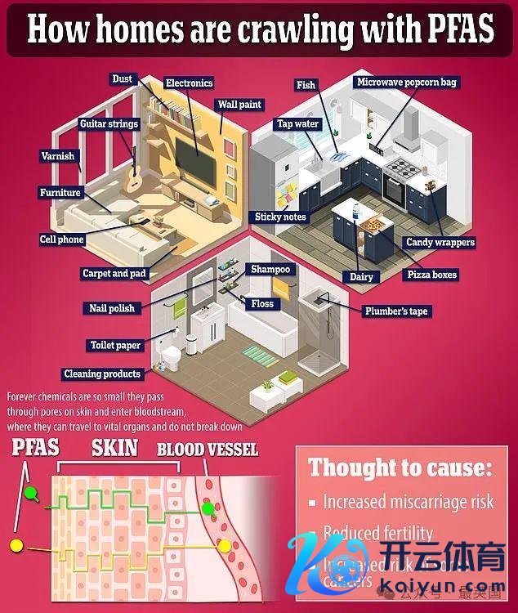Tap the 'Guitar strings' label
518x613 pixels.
pyautogui.click(x=109, y=124)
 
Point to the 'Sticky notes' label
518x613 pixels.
pyautogui.click(x=280, y=217)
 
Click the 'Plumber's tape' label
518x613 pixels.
pyautogui.click(x=396, y=311)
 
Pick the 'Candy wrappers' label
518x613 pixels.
pyautogui.click(x=440, y=242)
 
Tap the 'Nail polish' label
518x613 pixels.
pyautogui.click(x=113, y=308)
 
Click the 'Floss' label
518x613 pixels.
pyautogui.click(x=262, y=304)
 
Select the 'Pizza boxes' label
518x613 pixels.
pyautogui.click(x=432, y=275)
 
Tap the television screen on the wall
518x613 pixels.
pyautogui.click(x=197, y=163)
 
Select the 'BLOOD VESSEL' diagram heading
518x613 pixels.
pyautogui.click(x=208, y=450)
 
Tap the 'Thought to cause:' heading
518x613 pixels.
pyautogui.click(x=400, y=469)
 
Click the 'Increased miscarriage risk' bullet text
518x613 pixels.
pyautogui.click(x=409, y=501)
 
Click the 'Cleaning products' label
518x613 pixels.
pyautogui.click(x=102, y=374)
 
